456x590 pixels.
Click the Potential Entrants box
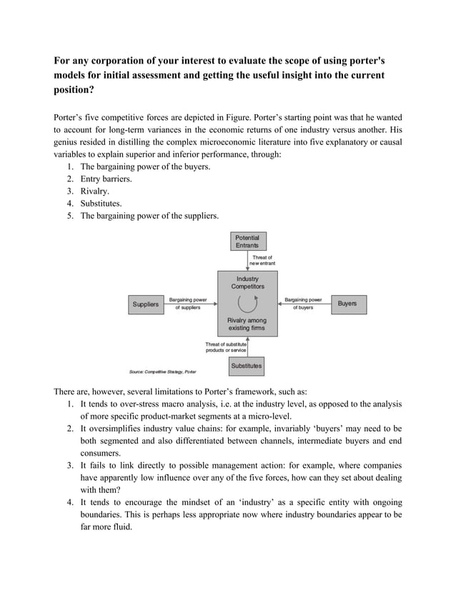tap(247, 241)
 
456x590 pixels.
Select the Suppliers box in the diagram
tap(146, 304)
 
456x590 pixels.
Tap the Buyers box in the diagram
tap(347, 304)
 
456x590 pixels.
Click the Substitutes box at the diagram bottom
tap(247, 366)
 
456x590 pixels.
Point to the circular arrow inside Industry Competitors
tap(247, 304)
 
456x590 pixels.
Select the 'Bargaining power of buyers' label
tap(303, 304)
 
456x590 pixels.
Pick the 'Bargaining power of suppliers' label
tap(188, 304)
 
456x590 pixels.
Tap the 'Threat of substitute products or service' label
tap(226, 347)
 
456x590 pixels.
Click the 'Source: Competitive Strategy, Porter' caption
tap(162, 372)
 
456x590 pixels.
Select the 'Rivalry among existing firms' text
tap(247, 324)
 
